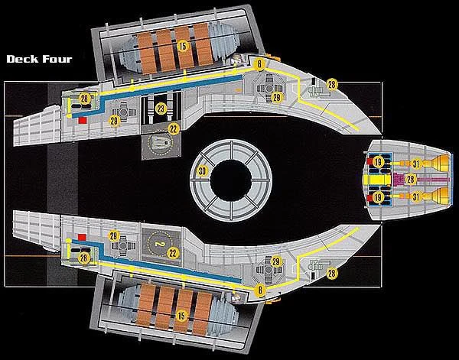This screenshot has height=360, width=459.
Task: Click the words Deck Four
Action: tap(38, 58)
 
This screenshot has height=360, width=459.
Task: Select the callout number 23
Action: tap(161, 109)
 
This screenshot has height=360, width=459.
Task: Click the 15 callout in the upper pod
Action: tap(182, 47)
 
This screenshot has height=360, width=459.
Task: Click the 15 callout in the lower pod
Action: tap(182, 314)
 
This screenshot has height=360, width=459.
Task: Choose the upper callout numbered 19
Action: tap(379, 161)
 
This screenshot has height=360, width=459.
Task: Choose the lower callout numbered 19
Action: tap(379, 197)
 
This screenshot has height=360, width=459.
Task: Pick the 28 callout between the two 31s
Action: tap(410, 179)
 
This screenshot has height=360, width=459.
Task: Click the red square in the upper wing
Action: tap(81, 120)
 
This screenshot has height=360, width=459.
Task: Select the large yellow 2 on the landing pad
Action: tap(159, 244)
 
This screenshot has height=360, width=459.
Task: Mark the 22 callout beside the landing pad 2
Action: tap(174, 252)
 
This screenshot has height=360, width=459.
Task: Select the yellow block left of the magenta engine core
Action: tap(379, 180)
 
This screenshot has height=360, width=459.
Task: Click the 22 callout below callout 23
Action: tap(174, 128)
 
